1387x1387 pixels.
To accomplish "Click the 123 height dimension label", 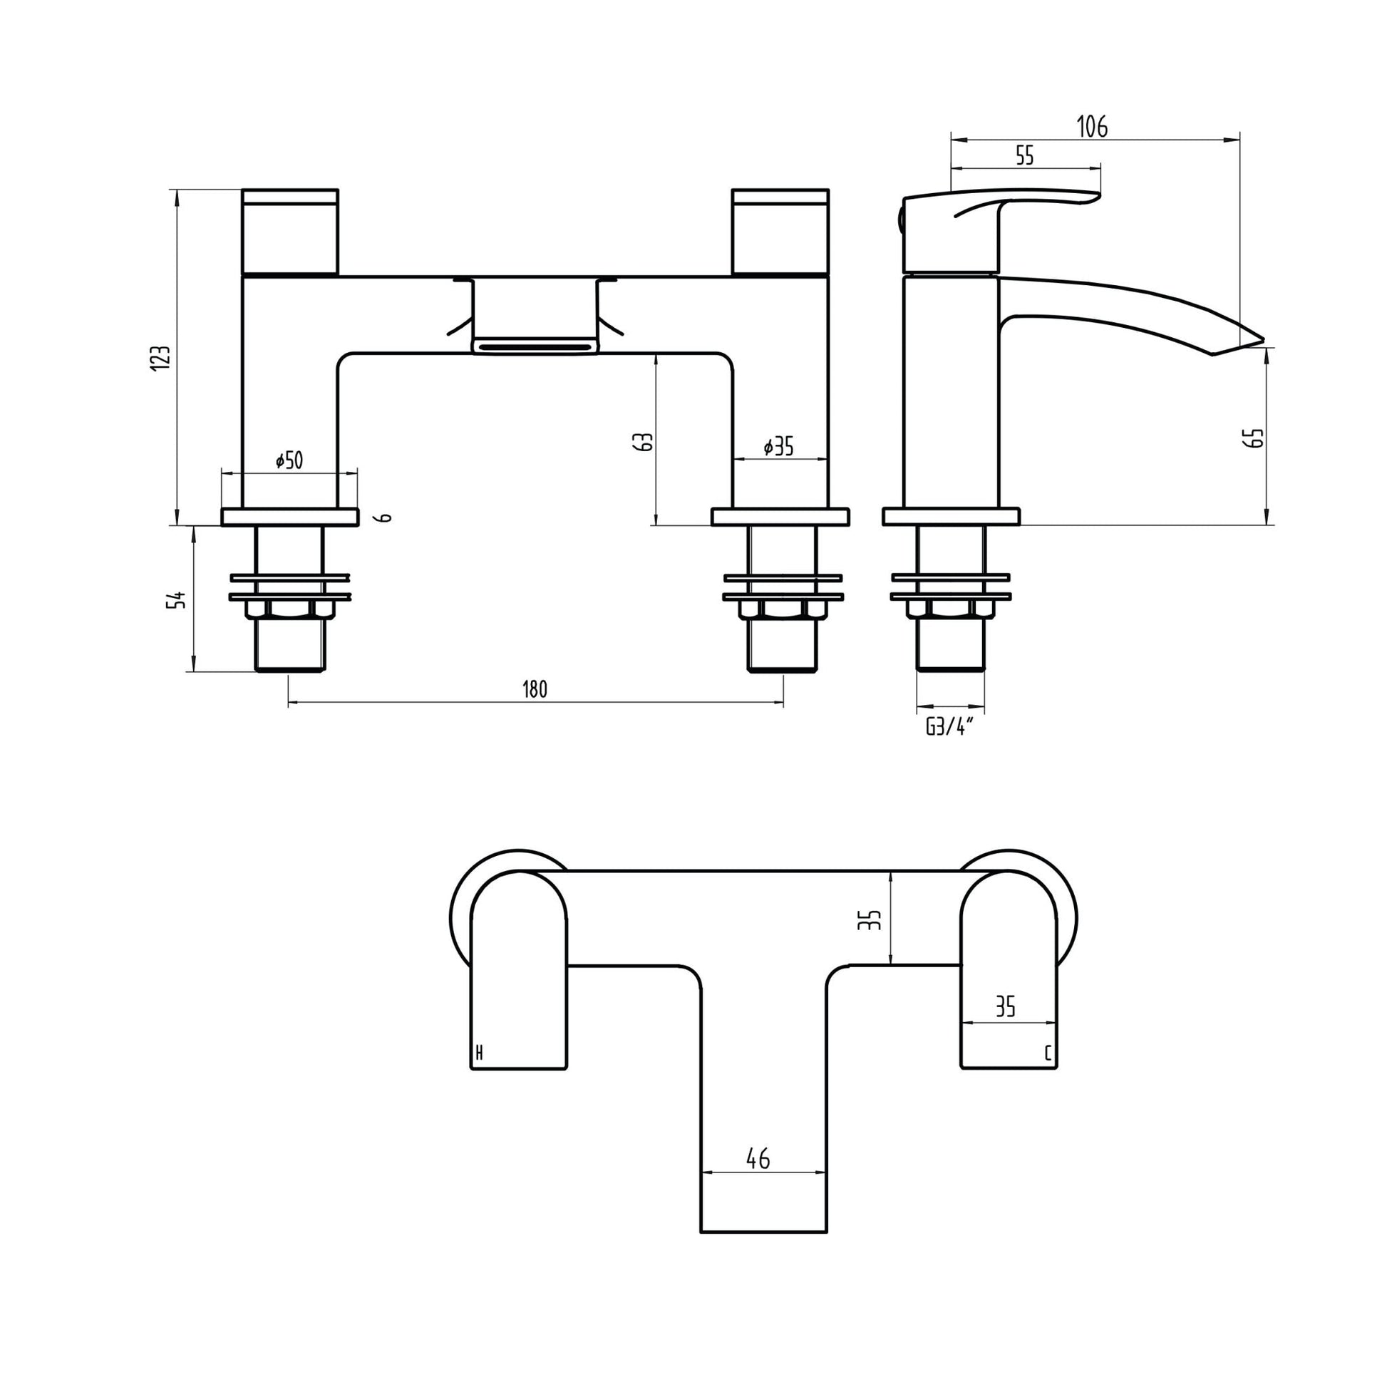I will click(x=164, y=357).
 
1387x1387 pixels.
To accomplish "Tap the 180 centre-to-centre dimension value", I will click(x=535, y=689).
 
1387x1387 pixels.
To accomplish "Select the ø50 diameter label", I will click(x=289, y=460).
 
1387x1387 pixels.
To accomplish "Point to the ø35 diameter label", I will click(x=778, y=447).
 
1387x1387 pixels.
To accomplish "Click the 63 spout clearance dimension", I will click(x=645, y=440).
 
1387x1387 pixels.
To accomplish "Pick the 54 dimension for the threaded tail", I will click(x=177, y=599).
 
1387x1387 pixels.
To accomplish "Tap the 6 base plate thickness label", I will click(x=386, y=517).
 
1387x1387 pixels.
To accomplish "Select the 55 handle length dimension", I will click(x=1025, y=155).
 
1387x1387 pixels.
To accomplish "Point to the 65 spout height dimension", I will click(x=1257, y=437).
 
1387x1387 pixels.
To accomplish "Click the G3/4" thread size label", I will click(x=949, y=727).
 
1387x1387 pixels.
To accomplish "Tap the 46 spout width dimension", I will click(x=758, y=1158).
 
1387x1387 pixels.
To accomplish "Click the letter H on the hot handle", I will click(x=479, y=1053).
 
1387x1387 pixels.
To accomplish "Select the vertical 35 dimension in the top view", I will click(x=871, y=919).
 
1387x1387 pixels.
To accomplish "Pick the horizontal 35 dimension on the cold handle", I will click(x=1006, y=1007).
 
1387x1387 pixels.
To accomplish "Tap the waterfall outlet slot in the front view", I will click(x=535, y=348).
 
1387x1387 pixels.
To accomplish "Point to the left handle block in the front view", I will click(x=290, y=231).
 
